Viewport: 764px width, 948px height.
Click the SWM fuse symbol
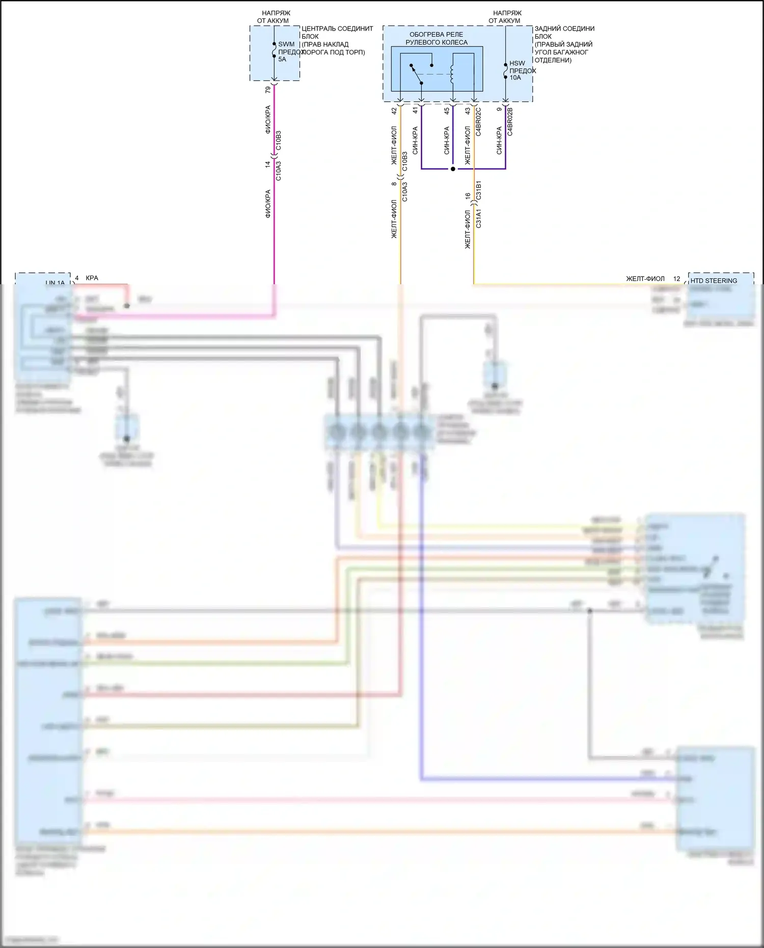point(274,51)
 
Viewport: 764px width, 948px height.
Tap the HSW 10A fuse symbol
point(505,71)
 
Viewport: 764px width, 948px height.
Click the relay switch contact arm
point(416,74)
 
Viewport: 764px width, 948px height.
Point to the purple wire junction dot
point(453,169)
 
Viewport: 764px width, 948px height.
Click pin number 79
point(268,90)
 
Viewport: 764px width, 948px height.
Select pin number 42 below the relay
point(394,111)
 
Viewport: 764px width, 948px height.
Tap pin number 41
point(415,111)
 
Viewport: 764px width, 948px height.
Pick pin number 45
point(447,111)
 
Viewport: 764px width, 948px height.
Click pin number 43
point(468,111)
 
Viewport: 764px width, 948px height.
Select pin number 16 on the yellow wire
point(468,196)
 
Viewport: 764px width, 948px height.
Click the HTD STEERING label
point(714,281)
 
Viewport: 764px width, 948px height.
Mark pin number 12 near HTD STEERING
point(676,279)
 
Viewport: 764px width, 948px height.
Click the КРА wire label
point(92,278)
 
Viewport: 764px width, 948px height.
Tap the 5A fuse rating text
point(282,59)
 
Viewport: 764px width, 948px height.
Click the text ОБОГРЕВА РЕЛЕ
point(436,35)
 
